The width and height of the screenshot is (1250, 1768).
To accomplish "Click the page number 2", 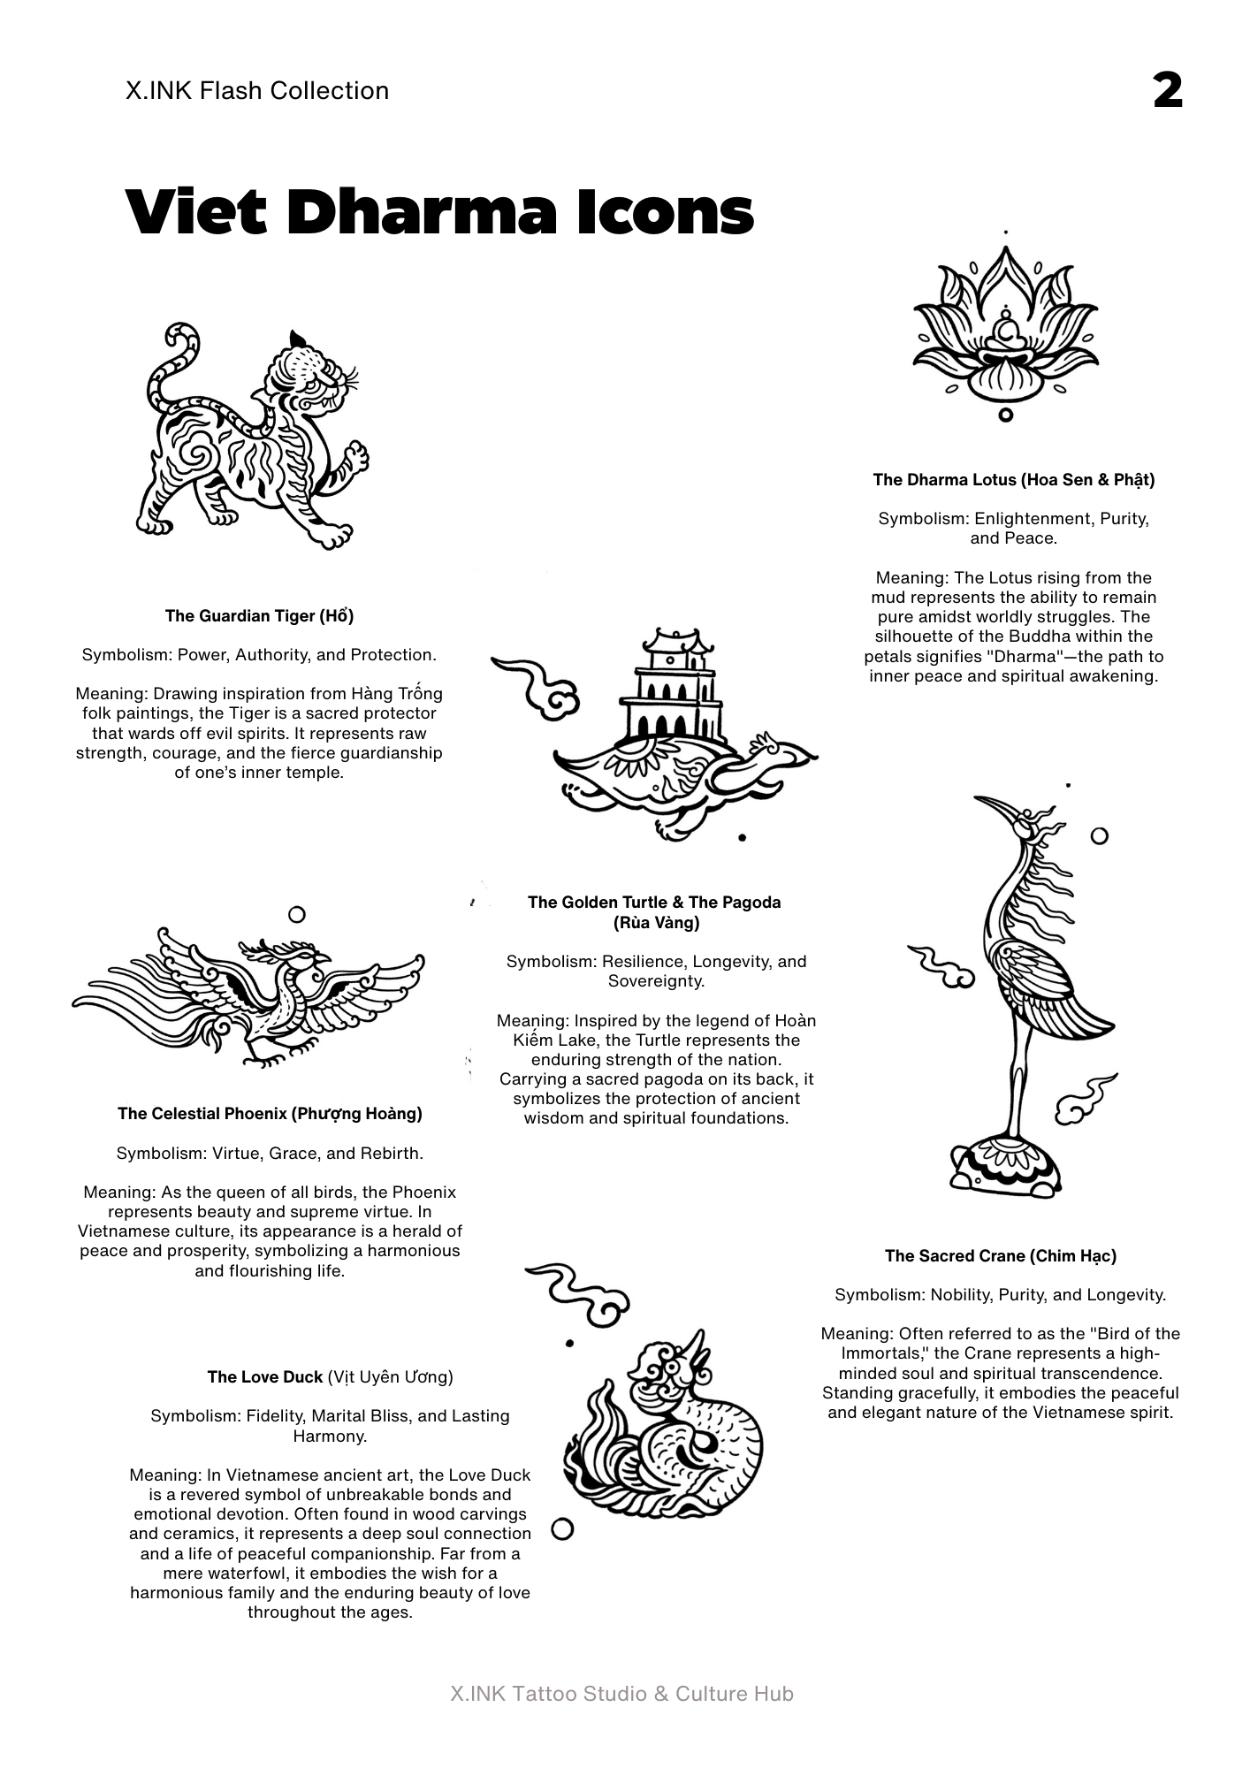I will pyautogui.click(x=1168, y=91).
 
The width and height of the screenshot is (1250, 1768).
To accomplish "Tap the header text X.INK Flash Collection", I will pyautogui.click(x=257, y=91).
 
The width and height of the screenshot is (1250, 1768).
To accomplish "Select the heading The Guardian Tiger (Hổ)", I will pyautogui.click(x=259, y=616).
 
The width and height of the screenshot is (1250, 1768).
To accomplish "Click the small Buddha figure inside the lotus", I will pyautogui.click(x=1005, y=332).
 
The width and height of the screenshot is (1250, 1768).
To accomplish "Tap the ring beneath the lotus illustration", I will pyautogui.click(x=1005, y=415).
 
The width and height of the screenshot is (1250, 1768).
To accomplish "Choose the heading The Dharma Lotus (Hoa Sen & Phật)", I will pyautogui.click(x=1013, y=480).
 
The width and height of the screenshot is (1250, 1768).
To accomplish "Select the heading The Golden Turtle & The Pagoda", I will pyautogui.click(x=654, y=903).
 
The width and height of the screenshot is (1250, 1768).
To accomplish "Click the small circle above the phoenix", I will pyautogui.click(x=297, y=914).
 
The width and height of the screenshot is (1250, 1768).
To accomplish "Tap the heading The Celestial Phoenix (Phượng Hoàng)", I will pyautogui.click(x=270, y=1114).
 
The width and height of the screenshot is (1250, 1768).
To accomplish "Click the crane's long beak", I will pyautogui.click(x=995, y=806).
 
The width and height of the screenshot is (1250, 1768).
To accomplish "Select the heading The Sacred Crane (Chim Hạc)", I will pyautogui.click(x=1000, y=1256).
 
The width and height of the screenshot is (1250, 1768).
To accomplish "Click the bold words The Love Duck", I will pyautogui.click(x=264, y=1377).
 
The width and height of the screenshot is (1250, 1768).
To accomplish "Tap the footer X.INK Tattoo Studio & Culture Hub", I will pyautogui.click(x=621, y=1694).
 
